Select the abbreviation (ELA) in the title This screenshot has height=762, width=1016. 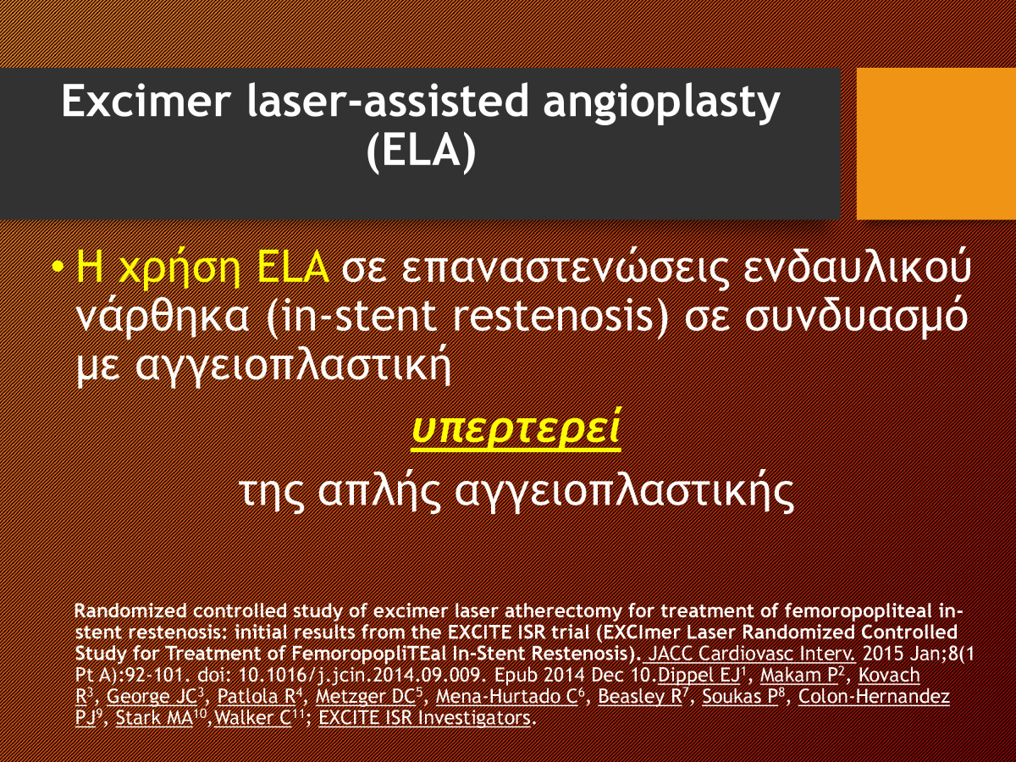pos(421,151)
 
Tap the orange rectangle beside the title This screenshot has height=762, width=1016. pos(936,143)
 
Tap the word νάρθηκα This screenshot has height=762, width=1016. pos(163,317)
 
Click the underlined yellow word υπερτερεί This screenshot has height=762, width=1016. pos(516,428)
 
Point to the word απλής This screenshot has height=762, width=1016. pos(378,492)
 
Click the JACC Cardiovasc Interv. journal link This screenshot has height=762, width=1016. pos(752,654)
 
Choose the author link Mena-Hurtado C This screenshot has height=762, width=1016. pos(507,697)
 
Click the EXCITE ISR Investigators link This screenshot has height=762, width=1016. pos(424,718)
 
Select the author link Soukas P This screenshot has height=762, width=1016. pos(740,697)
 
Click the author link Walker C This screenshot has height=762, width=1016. pos(252,718)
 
